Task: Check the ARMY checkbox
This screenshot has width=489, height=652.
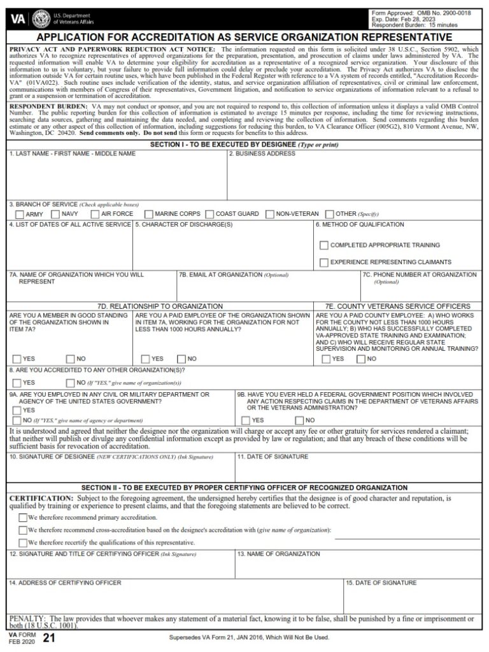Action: point(20,214)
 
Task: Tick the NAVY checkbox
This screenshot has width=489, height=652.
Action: point(55,214)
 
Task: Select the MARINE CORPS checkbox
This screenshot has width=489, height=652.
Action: point(149,214)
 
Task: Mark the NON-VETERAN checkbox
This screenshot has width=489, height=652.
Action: point(270,214)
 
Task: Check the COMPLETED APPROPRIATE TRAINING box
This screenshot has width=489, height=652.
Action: point(324,245)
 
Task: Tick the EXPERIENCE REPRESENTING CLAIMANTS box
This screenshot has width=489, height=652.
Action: point(324,262)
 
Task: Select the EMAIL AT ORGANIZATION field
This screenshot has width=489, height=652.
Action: point(267,290)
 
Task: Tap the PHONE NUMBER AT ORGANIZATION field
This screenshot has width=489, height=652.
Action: point(421,291)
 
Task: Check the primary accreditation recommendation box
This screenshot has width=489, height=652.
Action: point(23,518)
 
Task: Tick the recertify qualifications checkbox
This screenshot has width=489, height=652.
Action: point(23,542)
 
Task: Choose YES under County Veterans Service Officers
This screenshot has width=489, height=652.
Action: point(326,359)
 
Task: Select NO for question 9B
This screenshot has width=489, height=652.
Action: point(299,420)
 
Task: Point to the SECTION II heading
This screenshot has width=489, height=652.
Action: point(244,488)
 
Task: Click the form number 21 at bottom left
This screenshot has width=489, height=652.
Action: point(46,639)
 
